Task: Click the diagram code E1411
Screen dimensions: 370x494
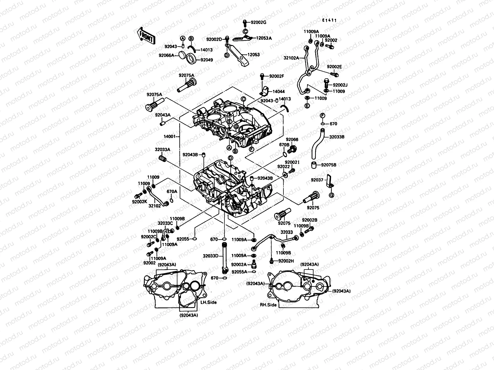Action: (329, 20)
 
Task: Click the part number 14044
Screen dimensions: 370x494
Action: (278, 92)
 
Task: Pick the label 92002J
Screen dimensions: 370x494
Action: (340, 85)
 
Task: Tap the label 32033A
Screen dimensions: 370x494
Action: (162, 150)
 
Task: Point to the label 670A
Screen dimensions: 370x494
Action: (172, 191)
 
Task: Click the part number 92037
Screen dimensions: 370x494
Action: (317, 180)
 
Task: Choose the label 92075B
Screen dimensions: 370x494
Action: (329, 165)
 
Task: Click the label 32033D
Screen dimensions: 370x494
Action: (211, 256)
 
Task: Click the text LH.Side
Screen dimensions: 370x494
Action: (208, 302)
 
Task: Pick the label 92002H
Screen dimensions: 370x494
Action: (286, 261)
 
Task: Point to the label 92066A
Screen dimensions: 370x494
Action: (175, 55)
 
